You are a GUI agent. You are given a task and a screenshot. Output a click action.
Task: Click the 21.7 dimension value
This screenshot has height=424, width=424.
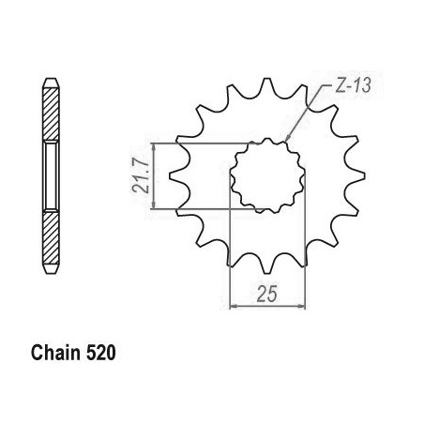[x=140, y=175]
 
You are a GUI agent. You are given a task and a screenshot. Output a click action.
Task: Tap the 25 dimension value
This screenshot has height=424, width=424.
[x=267, y=294]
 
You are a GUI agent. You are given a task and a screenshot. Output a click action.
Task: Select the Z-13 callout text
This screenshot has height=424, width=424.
[x=353, y=85]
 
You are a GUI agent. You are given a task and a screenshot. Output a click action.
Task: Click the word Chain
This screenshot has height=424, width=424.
[x=55, y=353]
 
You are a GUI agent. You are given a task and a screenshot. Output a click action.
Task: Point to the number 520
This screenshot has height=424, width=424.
[x=100, y=353]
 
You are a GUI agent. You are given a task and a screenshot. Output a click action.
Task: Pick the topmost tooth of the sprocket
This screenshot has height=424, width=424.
[x=266, y=87]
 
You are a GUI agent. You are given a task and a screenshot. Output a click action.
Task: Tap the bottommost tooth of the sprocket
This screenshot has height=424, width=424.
[x=266, y=265]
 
